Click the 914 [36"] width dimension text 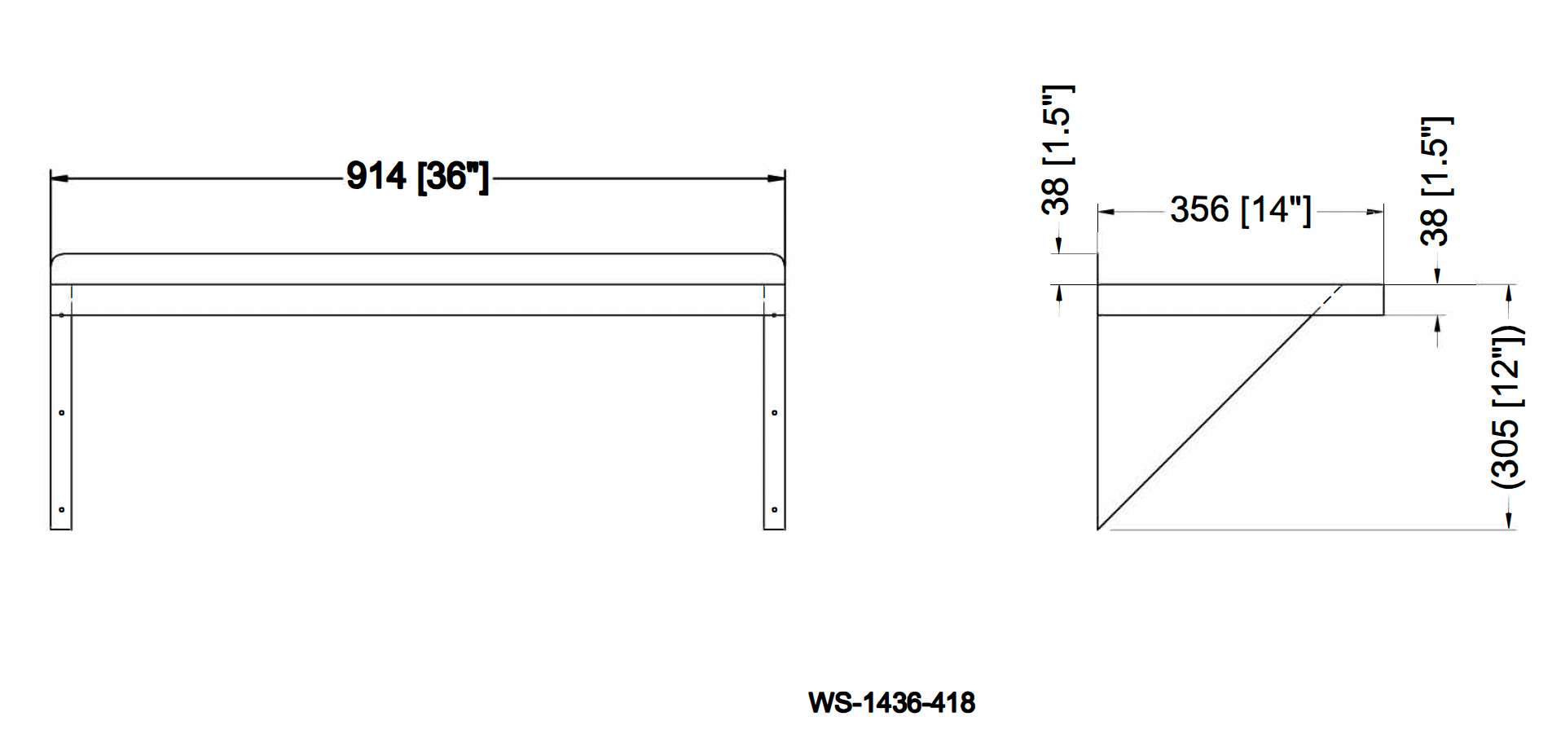tap(417, 176)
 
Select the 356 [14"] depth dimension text tap(1240, 210)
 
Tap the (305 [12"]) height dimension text tap(1506, 407)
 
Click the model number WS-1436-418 tap(891, 702)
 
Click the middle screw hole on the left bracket tap(62, 413)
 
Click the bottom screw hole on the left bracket tap(62, 510)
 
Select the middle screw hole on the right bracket tap(774, 413)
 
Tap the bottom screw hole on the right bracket tap(774, 510)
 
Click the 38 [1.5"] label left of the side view tap(1057, 150)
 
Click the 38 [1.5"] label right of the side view tap(1436, 182)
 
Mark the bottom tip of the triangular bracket tap(1099, 528)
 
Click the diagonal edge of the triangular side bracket tap(1206, 422)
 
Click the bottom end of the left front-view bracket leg tap(61, 528)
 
